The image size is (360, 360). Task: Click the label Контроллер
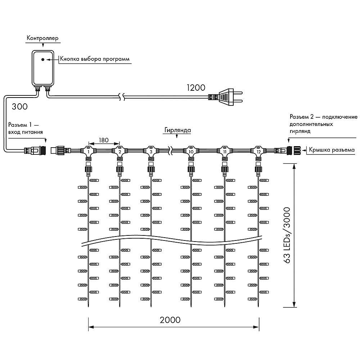[x=42, y=38]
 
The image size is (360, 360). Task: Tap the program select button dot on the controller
[x=43, y=59]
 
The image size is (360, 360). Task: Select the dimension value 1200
[x=195, y=87]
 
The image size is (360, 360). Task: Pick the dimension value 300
[x=20, y=107]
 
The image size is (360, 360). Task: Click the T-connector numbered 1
[x=88, y=150]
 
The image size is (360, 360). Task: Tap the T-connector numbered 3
[x=150, y=150]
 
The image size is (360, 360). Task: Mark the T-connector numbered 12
[x=258, y=150]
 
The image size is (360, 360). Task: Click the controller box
[x=42, y=68]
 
